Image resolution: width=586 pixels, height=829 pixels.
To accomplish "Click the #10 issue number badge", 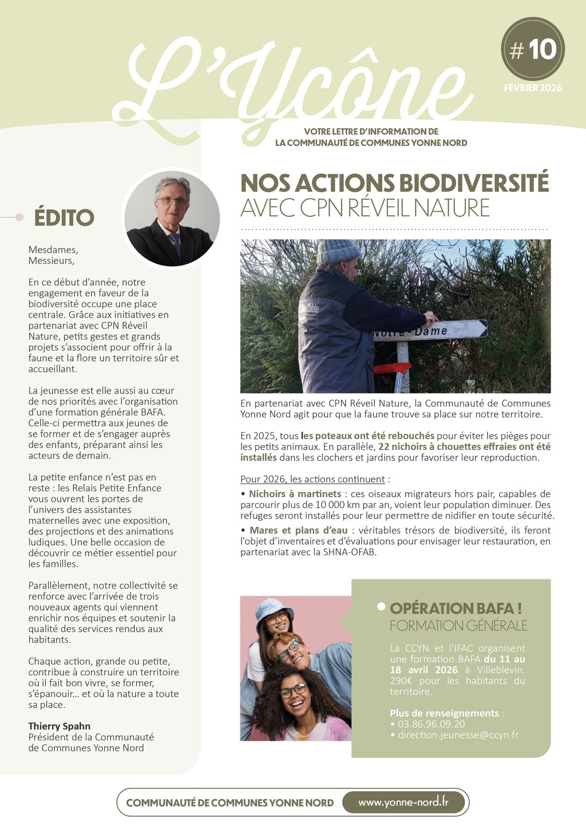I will click(x=533, y=49).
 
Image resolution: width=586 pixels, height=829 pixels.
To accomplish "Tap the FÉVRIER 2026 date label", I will click(x=533, y=88).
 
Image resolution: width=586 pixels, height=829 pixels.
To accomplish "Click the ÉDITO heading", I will click(x=64, y=218).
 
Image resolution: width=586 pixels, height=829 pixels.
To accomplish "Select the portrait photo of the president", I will click(x=172, y=218).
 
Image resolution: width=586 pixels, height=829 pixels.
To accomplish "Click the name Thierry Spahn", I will click(x=60, y=726).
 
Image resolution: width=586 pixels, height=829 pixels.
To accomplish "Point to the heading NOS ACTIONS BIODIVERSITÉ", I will click(x=394, y=183).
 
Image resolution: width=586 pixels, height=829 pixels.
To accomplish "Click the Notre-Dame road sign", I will click(x=429, y=331).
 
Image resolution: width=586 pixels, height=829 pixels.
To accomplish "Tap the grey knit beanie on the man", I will click(x=338, y=250).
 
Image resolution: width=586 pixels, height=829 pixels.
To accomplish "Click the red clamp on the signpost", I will click(x=393, y=367).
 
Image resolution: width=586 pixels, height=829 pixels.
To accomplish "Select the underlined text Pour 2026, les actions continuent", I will click(x=312, y=479).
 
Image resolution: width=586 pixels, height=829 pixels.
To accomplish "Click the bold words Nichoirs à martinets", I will click(x=295, y=494).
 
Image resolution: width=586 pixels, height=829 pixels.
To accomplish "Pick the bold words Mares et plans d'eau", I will click(x=298, y=531).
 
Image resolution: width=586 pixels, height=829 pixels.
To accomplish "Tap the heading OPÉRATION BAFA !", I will click(x=456, y=608).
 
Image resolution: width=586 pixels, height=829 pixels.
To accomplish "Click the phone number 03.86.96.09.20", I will click(x=431, y=724).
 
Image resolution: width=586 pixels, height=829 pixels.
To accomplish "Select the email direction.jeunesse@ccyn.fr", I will click(x=458, y=735).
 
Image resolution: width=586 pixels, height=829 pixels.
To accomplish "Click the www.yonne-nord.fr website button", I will click(x=403, y=802).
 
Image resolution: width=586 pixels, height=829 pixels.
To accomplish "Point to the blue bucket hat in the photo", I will click(x=274, y=608).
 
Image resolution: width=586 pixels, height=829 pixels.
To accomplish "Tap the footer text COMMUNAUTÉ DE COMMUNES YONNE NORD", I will click(x=229, y=803).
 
